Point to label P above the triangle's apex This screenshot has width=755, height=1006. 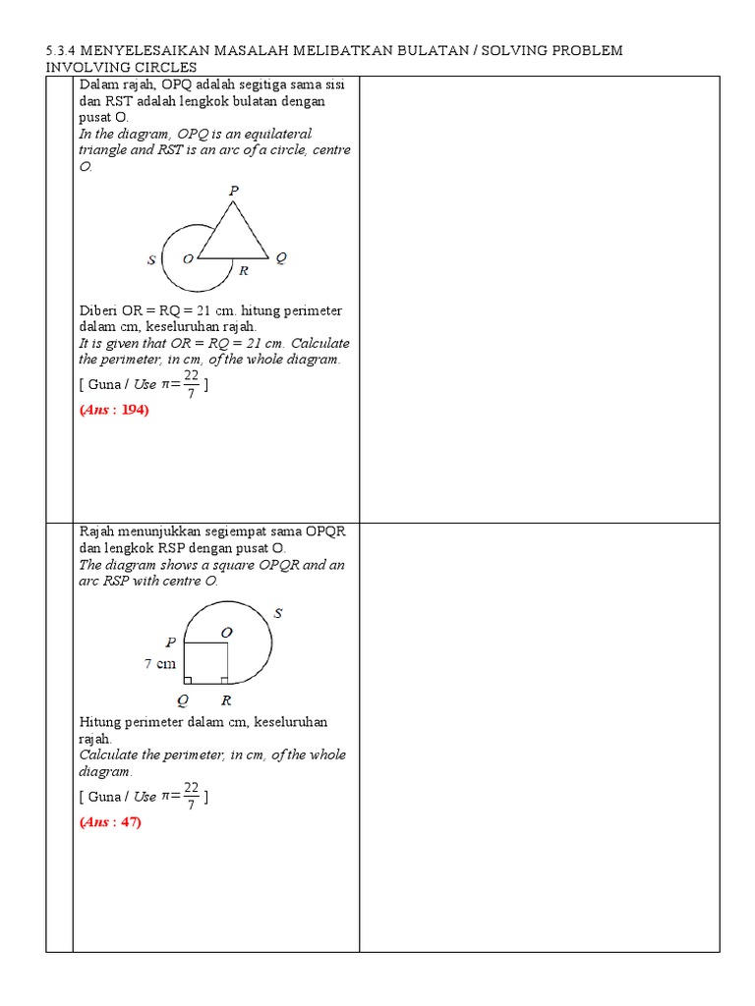point(234,191)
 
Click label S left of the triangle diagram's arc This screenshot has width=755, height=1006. point(151,260)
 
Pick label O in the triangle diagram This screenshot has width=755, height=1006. point(187,259)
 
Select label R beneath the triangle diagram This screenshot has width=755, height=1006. point(243,271)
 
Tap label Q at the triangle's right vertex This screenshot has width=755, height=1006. point(281,258)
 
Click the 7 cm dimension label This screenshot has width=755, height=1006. point(160,663)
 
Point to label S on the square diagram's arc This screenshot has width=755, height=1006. point(278,613)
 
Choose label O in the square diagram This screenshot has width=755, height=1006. point(226,633)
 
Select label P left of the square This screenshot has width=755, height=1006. point(171,643)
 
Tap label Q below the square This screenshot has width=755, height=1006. point(183,700)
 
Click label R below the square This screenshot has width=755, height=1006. point(225,700)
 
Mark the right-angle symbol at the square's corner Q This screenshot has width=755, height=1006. point(189,679)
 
